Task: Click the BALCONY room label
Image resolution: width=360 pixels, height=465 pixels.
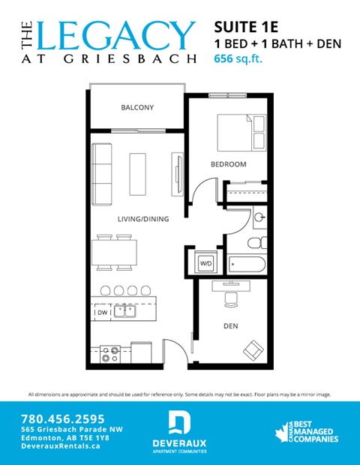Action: (137, 108)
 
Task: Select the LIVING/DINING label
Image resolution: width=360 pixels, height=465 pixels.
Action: (142, 219)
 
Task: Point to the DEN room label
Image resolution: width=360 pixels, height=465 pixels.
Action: (230, 326)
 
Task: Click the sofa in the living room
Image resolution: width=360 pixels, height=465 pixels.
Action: (101, 174)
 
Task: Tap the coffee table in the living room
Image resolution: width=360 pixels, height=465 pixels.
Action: (138, 173)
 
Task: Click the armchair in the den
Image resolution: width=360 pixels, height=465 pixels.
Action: (253, 349)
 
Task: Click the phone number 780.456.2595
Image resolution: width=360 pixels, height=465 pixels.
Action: (62, 418)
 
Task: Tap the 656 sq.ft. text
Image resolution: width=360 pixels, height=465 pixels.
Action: (239, 58)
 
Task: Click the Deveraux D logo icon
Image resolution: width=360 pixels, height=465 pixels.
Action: (178, 423)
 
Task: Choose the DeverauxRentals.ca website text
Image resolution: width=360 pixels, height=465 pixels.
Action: (61, 445)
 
